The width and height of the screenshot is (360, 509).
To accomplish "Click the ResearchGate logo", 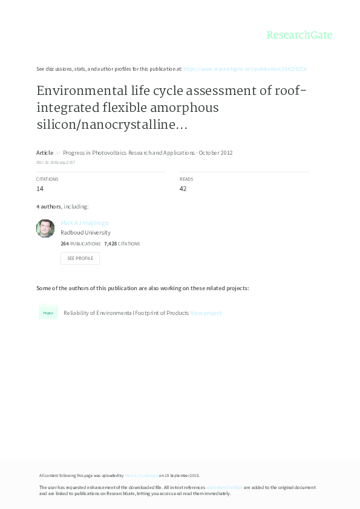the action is click(299, 35).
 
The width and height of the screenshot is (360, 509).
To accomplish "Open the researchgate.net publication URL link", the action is click(244, 69).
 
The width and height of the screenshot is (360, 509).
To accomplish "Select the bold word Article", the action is click(45, 153).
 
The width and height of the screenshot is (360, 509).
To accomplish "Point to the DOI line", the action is click(56, 163).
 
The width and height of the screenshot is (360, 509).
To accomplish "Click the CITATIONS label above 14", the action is click(47, 179).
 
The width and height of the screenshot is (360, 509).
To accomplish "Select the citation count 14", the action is click(40, 189).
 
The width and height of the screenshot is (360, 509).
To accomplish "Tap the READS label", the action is click(186, 179).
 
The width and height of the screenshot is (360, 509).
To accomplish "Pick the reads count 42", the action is click(183, 189).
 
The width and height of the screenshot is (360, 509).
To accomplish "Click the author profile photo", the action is click(45, 229).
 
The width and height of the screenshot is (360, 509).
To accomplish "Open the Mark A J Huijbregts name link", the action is click(85, 223).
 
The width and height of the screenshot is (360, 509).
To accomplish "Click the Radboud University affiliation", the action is click(85, 232).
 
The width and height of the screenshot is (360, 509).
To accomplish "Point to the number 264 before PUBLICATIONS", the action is click(65, 244).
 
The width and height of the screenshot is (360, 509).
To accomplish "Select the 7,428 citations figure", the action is click(110, 244).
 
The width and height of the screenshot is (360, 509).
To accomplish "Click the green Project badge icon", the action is click(48, 313).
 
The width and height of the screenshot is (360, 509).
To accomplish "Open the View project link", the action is click(206, 313).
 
